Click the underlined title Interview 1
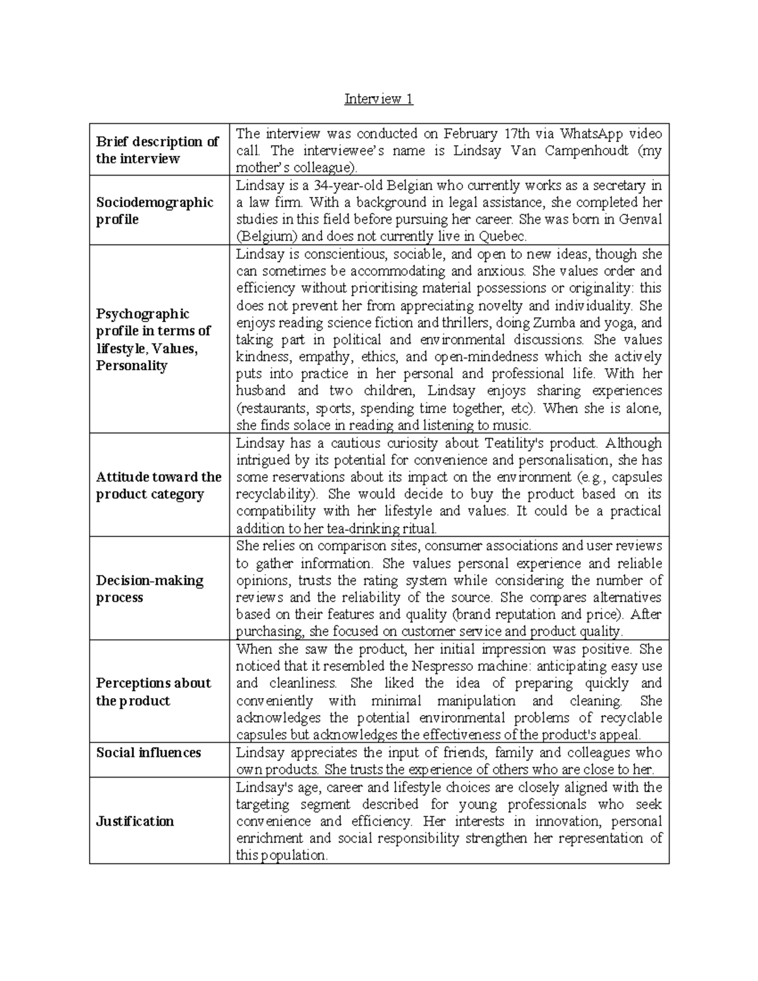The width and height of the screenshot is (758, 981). (378, 99)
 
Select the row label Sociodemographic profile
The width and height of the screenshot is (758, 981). (154, 211)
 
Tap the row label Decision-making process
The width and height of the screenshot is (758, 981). (149, 589)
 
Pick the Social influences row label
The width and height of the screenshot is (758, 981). (148, 752)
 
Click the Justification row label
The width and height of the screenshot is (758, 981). (135, 821)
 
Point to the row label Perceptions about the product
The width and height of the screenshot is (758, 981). (153, 692)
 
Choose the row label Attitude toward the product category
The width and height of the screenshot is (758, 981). (158, 485)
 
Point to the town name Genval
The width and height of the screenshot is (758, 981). (639, 220)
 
